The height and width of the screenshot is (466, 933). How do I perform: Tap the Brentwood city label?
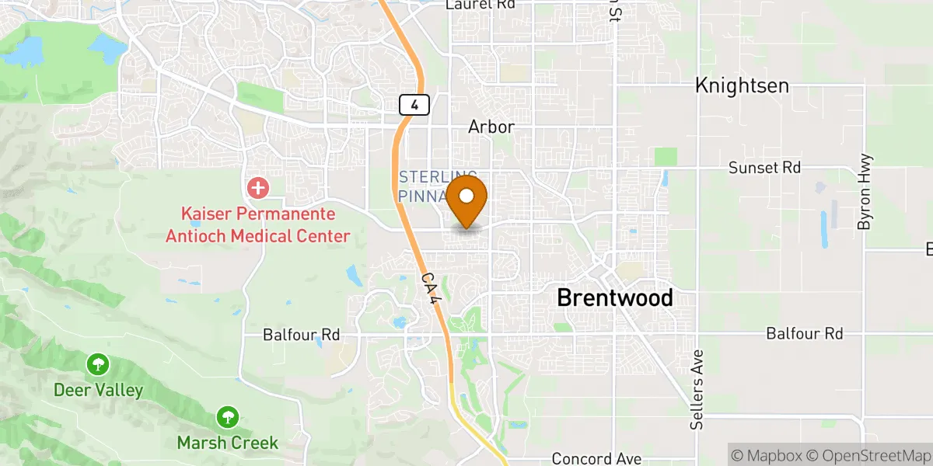(615, 297)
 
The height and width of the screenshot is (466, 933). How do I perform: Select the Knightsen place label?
(742, 85)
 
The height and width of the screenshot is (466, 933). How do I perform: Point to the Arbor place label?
(491, 127)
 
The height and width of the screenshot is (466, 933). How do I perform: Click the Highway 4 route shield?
(414, 104)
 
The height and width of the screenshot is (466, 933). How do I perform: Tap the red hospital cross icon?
(257, 187)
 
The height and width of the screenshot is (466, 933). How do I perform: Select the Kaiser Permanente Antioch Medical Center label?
(257, 224)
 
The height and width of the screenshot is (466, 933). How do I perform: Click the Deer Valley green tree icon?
(98, 363)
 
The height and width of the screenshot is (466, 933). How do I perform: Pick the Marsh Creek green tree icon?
(228, 417)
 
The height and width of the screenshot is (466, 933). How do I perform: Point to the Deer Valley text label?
(98, 390)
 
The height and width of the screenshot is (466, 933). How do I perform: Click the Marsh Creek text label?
(228, 443)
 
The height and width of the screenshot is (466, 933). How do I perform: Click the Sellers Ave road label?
(697, 391)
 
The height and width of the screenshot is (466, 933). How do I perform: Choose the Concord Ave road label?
(596, 459)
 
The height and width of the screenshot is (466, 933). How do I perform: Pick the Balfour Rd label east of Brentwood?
(804, 334)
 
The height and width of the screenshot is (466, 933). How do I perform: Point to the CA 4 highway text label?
(432, 294)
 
